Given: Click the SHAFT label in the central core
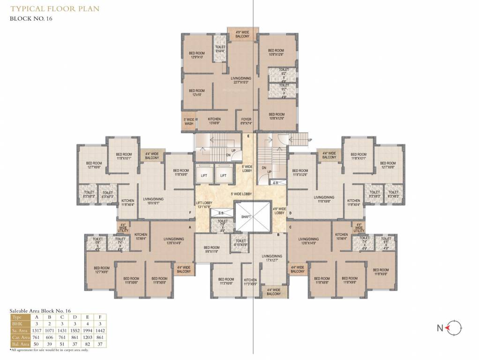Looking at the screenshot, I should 246,217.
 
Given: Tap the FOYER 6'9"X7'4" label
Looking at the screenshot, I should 247,121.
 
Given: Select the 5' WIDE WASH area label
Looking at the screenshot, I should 189,121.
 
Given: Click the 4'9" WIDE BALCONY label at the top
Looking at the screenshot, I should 242,34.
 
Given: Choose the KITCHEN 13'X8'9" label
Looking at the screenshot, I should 214,121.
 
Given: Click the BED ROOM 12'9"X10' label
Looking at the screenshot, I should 197,55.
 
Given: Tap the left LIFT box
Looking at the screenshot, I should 204,175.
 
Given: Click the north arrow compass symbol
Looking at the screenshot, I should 454,328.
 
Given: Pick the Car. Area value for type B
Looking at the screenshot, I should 48,337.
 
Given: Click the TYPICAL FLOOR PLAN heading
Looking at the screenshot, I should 55,8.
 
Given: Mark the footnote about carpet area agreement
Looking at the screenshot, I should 49,350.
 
